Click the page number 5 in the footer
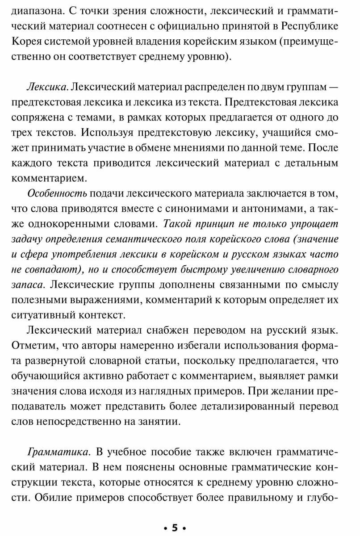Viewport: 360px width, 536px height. pyautogui.click(x=175, y=528)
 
